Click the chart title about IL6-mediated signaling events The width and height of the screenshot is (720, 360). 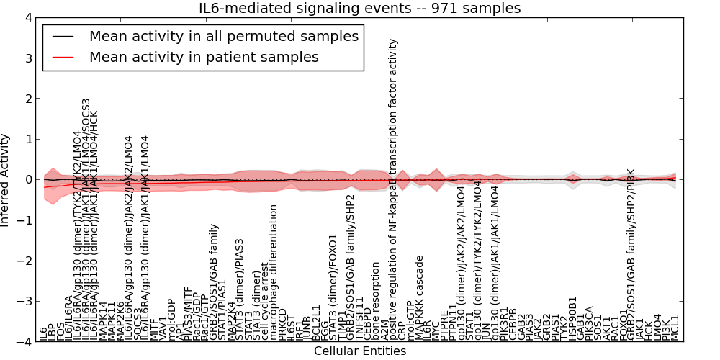coord(359,8)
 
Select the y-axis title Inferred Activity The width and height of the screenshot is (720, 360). coord(6,179)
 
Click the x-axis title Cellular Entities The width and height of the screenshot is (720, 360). coord(359,351)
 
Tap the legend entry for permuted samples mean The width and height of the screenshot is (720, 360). coord(223,36)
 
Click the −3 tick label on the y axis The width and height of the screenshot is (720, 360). coord(27,302)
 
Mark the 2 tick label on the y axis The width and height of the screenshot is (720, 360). coord(30,98)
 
